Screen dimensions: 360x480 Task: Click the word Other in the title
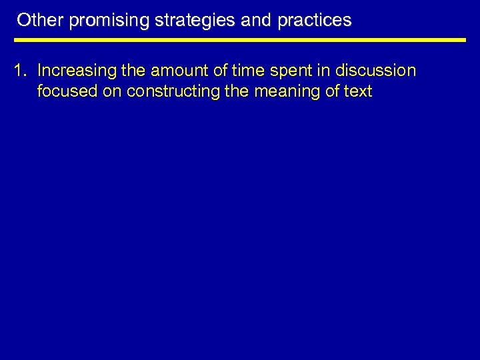click(x=41, y=21)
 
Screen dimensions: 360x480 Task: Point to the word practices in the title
click(x=314, y=21)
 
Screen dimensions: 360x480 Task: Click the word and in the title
click(x=256, y=21)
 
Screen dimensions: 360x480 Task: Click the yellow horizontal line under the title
click(x=240, y=40)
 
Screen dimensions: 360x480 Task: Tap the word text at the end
click(x=357, y=91)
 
